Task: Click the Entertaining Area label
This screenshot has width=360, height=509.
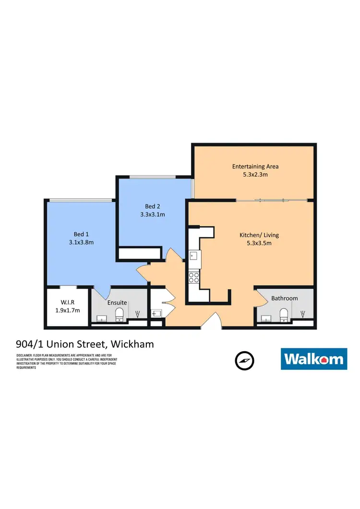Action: point(255,166)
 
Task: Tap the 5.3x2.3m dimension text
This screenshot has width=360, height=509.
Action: point(255,175)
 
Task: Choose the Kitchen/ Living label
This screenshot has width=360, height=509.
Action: point(259,235)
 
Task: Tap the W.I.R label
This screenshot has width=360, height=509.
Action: point(67,302)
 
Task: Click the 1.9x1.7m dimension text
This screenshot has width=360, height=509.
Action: point(67,310)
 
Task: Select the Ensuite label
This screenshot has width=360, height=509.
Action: point(117,303)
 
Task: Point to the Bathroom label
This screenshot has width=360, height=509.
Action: point(284,298)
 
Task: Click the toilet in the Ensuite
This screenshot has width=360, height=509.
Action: point(120,315)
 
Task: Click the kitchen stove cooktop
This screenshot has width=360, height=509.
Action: point(194,277)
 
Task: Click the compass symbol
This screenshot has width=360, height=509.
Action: point(244,360)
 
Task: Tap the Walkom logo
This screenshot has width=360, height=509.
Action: point(313,359)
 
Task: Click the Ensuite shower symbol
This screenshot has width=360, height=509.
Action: point(138,315)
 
